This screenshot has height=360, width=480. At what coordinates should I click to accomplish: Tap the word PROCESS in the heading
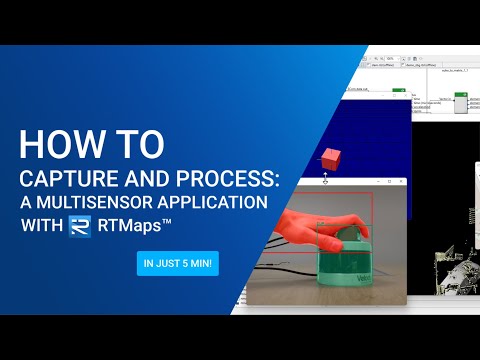pos(231,177)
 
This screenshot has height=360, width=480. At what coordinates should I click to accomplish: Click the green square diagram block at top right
pos(460,103)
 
